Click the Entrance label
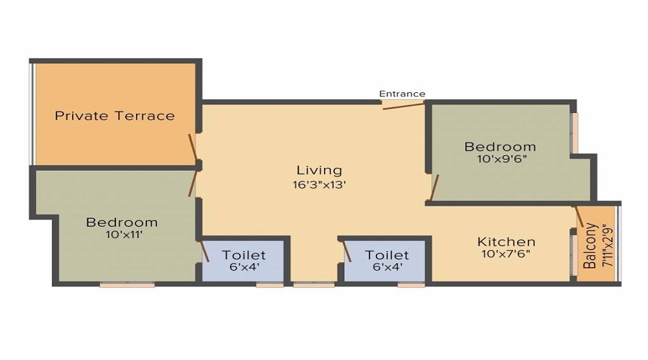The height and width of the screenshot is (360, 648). coord(402,94)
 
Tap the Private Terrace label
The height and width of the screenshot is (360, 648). coord(115,115)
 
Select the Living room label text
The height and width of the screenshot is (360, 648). coord(319,171)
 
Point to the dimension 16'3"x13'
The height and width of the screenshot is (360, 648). coord(319,184)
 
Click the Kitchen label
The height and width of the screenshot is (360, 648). coord(506,241)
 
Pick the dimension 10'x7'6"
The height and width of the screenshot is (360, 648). coord(506,253)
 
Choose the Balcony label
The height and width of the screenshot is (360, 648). coord(590,246)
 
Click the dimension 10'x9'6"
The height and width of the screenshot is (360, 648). coord(500,159)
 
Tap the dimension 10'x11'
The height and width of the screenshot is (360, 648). coord(122,235)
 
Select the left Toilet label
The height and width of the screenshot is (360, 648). coord(243,255)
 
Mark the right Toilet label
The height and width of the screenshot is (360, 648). coord(387,255)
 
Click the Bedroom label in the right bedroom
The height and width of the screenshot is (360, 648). coord(500,147)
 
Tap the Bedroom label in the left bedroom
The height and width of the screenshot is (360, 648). coord(122,222)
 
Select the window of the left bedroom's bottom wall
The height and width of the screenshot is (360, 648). coord(127,285)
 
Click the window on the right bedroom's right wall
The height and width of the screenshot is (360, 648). coord(575,132)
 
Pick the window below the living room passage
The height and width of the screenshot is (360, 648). coord(314,285)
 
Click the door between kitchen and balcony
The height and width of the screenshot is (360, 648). coord(579,217)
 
